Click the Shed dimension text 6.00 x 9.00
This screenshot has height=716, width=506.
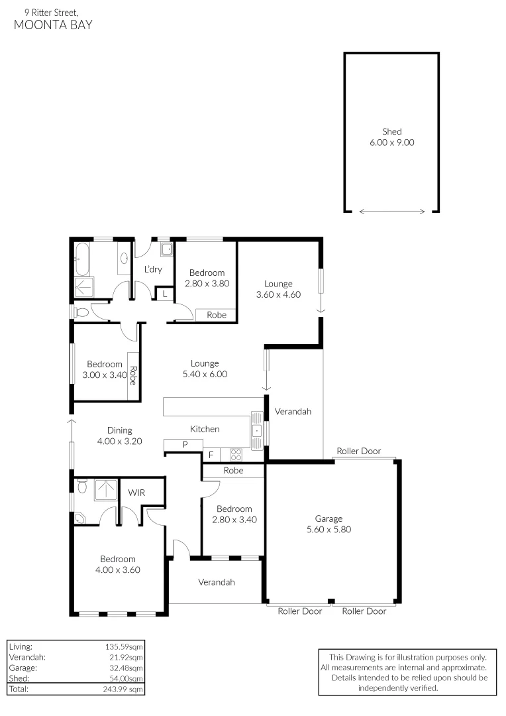pyautogui.click(x=391, y=142)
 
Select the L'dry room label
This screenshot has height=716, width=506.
pyautogui.click(x=153, y=269)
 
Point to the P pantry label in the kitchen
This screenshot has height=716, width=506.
pyautogui.click(x=185, y=444)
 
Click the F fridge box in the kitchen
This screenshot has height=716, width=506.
pyautogui.click(x=211, y=455)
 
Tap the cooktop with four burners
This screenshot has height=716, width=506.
pyautogui.click(x=235, y=455)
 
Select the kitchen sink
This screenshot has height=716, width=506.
pyautogui.click(x=257, y=430)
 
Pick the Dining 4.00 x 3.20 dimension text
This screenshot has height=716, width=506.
pyautogui.click(x=119, y=441)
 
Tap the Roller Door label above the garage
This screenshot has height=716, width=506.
pyautogui.click(x=358, y=451)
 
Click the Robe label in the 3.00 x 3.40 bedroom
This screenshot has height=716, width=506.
pyautogui.click(x=133, y=377)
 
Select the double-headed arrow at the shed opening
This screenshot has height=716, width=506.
pyautogui.click(x=392, y=211)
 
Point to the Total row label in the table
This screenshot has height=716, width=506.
pyautogui.click(x=19, y=689)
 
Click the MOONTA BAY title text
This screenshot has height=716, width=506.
pyautogui.click(x=53, y=25)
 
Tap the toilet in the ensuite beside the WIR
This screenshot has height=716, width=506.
pyautogui.click(x=83, y=487)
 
